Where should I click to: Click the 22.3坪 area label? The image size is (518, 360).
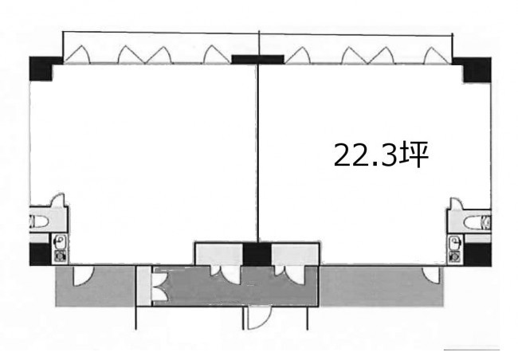381,155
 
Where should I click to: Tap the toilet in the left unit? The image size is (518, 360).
39,221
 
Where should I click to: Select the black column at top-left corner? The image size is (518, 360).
41,68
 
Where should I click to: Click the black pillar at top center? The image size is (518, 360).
257,59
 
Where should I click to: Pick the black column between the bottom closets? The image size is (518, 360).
257,254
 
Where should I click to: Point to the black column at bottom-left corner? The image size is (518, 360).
41,254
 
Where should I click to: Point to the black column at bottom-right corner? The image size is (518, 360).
477,255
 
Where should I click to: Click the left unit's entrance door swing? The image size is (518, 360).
83,276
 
